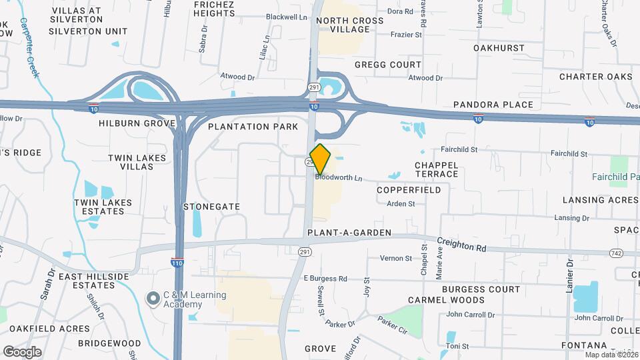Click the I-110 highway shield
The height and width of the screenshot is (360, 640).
(x=177, y=261)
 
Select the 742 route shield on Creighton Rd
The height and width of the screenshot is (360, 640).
(x=616, y=253)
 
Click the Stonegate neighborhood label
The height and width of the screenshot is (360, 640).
(x=211, y=207)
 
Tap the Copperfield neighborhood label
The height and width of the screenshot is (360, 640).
(x=409, y=190)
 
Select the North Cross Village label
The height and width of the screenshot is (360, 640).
(x=350, y=25)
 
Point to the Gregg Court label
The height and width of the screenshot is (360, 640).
(x=388, y=65)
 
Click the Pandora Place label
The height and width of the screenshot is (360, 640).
(x=493, y=105)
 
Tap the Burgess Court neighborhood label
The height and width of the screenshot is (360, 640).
(x=481, y=289)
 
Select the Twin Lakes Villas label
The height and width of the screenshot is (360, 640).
(x=136, y=163)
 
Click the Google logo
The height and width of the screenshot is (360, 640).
(x=22, y=351)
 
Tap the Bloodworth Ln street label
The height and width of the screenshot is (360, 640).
(x=339, y=178)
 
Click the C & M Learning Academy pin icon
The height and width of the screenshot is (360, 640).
(x=153, y=299)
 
